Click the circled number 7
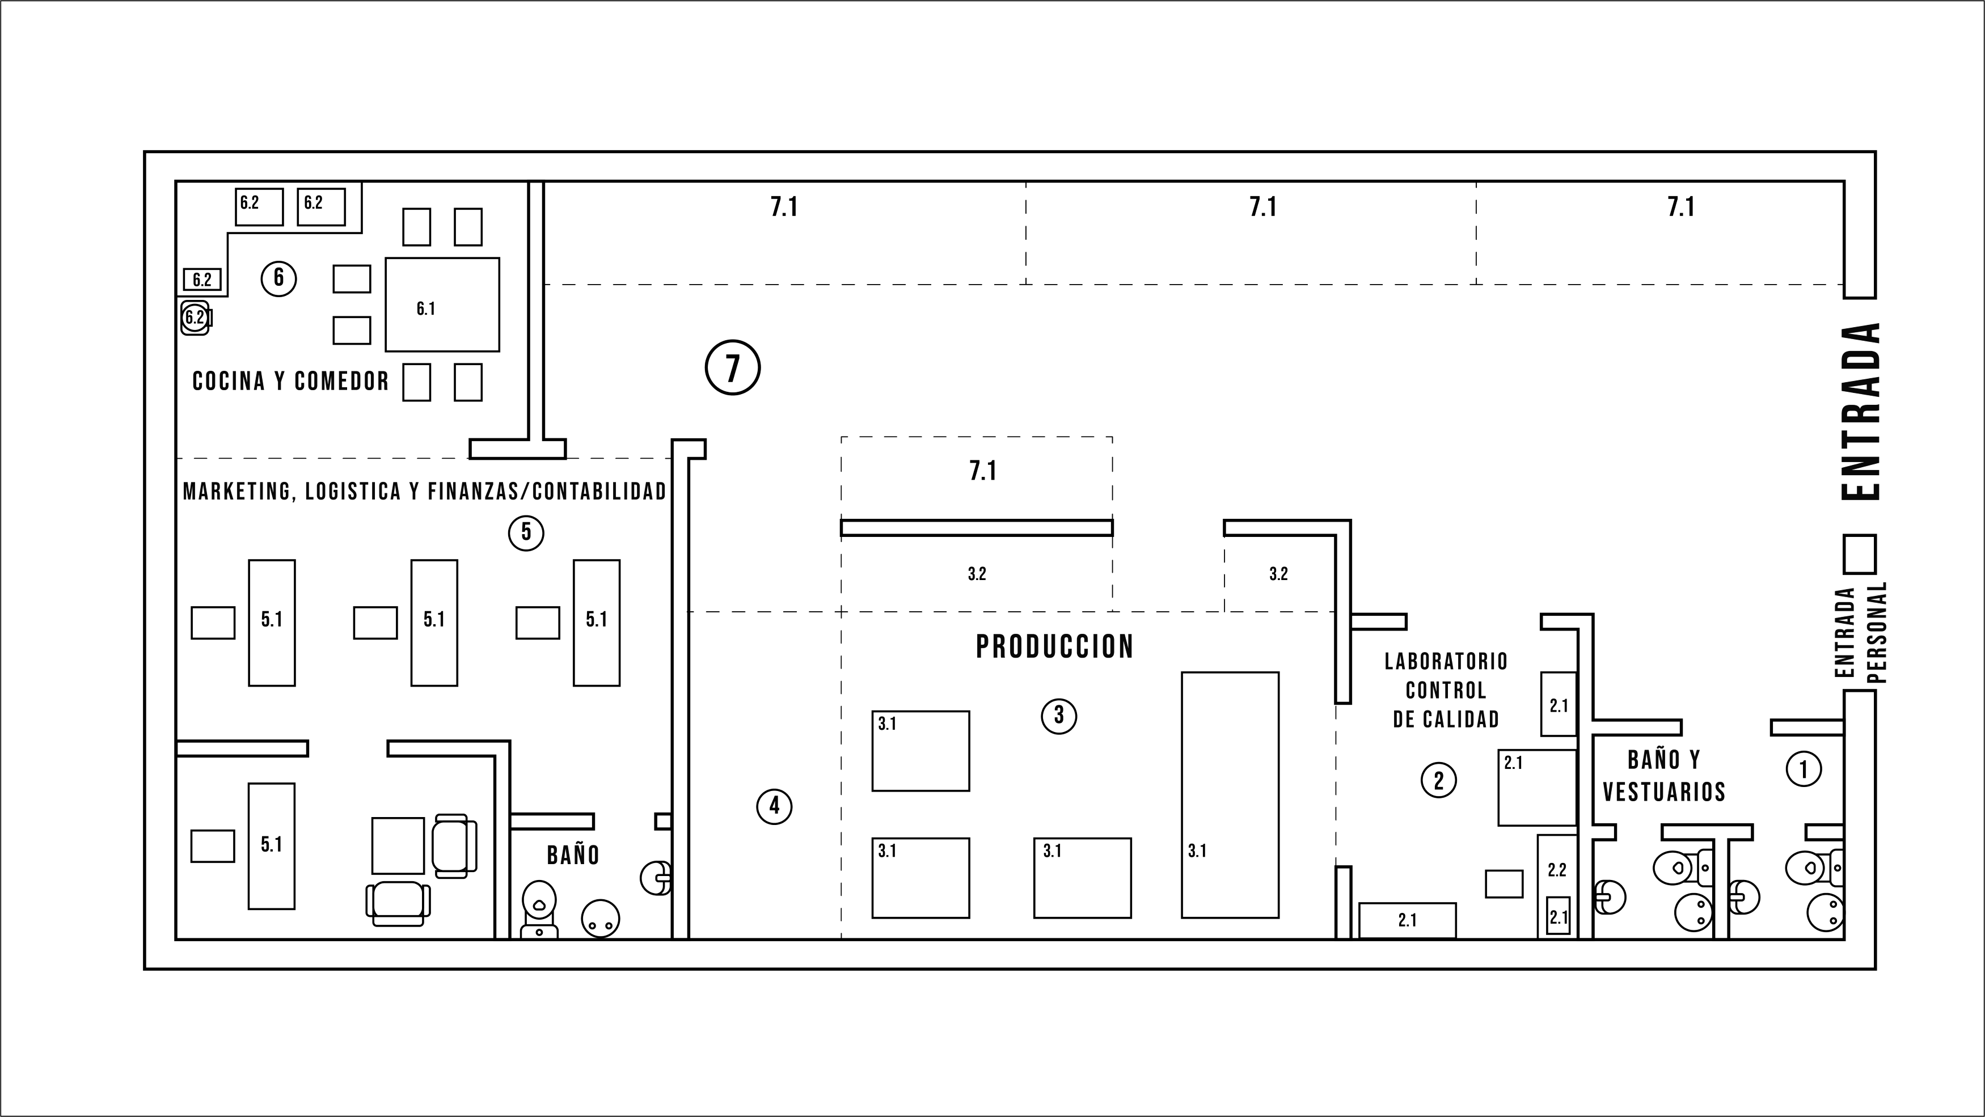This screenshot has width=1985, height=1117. (732, 367)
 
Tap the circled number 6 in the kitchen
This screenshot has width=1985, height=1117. (279, 277)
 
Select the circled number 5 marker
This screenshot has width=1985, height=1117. (526, 532)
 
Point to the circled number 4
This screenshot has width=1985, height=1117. (774, 806)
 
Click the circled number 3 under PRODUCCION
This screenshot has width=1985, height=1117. (1059, 716)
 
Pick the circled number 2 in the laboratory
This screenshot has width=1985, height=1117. (1439, 780)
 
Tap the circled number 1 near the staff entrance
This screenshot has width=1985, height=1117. (1803, 769)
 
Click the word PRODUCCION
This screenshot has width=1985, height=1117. (1055, 647)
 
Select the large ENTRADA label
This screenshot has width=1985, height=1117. (1861, 412)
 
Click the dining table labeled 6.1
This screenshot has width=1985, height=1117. (442, 304)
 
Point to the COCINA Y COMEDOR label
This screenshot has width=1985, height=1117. (290, 380)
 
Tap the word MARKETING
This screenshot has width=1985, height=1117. (237, 492)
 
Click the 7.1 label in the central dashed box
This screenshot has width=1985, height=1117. (983, 470)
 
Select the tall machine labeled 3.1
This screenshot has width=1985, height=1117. (1230, 795)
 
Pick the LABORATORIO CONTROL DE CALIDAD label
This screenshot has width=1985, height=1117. (1446, 690)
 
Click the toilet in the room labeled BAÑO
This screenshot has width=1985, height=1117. (539, 909)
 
